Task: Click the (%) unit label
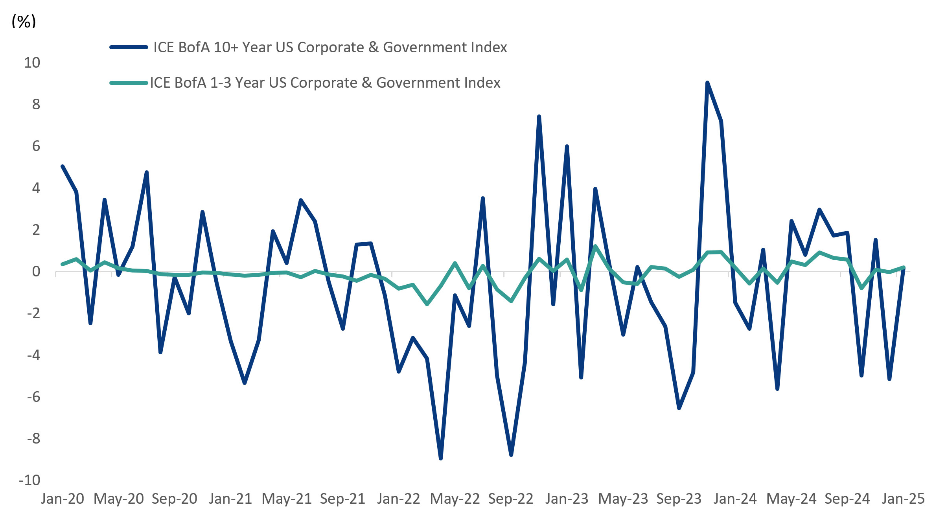point(24,21)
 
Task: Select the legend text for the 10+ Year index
point(330,48)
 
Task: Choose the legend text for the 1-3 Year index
point(325,83)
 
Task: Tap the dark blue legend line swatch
point(129,48)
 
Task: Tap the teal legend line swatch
point(129,83)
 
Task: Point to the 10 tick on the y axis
point(32,63)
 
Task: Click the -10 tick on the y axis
point(30,480)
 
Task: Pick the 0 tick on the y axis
point(36,272)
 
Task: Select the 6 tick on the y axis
point(36,146)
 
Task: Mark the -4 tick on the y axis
point(33,355)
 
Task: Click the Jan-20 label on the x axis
point(63,499)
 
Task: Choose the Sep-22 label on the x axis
point(511,499)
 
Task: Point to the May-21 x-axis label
point(287,499)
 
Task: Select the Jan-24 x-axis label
point(735,499)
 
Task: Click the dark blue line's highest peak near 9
point(707,83)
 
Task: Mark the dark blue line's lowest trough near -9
point(441,458)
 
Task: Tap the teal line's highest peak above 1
point(595,246)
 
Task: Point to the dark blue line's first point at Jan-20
point(63,166)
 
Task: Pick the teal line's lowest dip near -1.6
point(427,304)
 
